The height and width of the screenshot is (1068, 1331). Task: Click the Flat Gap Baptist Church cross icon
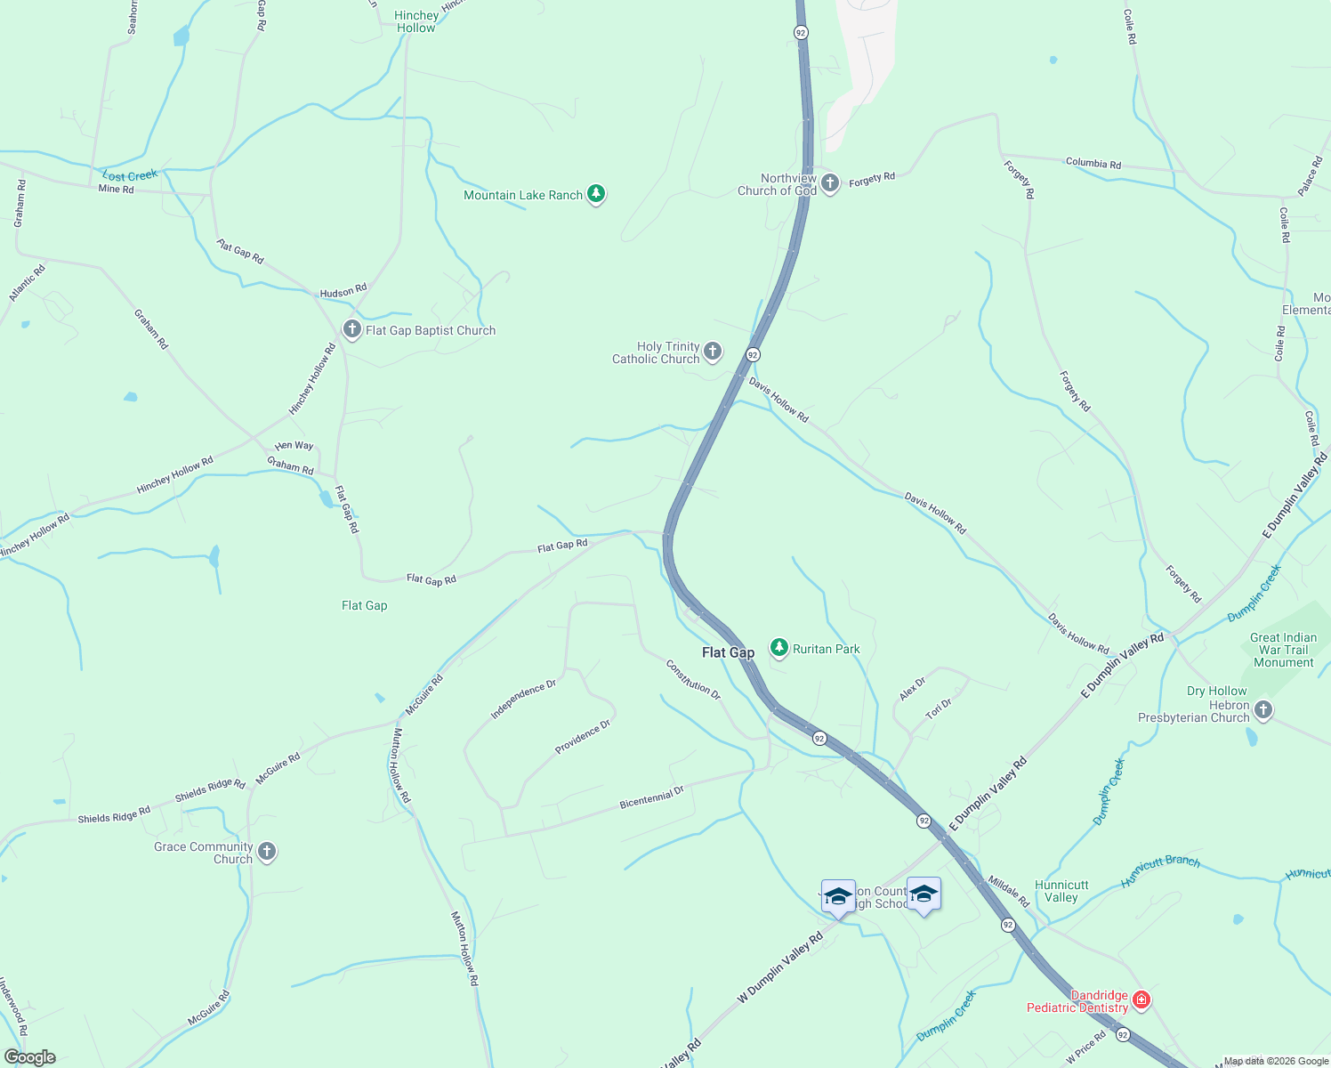pos(352,329)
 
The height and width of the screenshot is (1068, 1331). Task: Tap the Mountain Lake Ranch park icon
pos(596,194)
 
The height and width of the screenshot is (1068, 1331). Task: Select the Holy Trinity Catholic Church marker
pos(713,352)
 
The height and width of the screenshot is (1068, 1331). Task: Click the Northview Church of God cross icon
pos(829,183)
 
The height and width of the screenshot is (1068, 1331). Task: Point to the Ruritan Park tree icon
pos(779,648)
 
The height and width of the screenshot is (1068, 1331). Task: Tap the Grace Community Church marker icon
pos(266,852)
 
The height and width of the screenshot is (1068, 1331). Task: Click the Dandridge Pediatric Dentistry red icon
pos(1141,1000)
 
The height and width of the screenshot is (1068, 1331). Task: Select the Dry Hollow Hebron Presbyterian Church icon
pos(1262,710)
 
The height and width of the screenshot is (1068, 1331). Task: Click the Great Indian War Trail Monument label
pos(1283,650)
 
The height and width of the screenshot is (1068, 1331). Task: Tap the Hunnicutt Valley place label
pos(1061,891)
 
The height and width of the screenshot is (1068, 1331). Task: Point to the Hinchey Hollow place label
pos(416,21)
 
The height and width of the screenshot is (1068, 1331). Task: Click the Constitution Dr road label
pos(693,678)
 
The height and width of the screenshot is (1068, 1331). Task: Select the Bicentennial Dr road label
pos(651,797)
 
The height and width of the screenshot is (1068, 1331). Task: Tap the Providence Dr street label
pos(583,737)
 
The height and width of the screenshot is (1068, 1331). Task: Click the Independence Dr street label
pos(523,700)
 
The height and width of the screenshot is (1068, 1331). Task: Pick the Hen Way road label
pos(294,446)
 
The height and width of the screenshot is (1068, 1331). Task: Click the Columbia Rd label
pos(1093,163)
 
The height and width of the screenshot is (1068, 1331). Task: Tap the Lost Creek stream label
pos(130,175)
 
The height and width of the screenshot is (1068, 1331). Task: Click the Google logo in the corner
pos(30,1057)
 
